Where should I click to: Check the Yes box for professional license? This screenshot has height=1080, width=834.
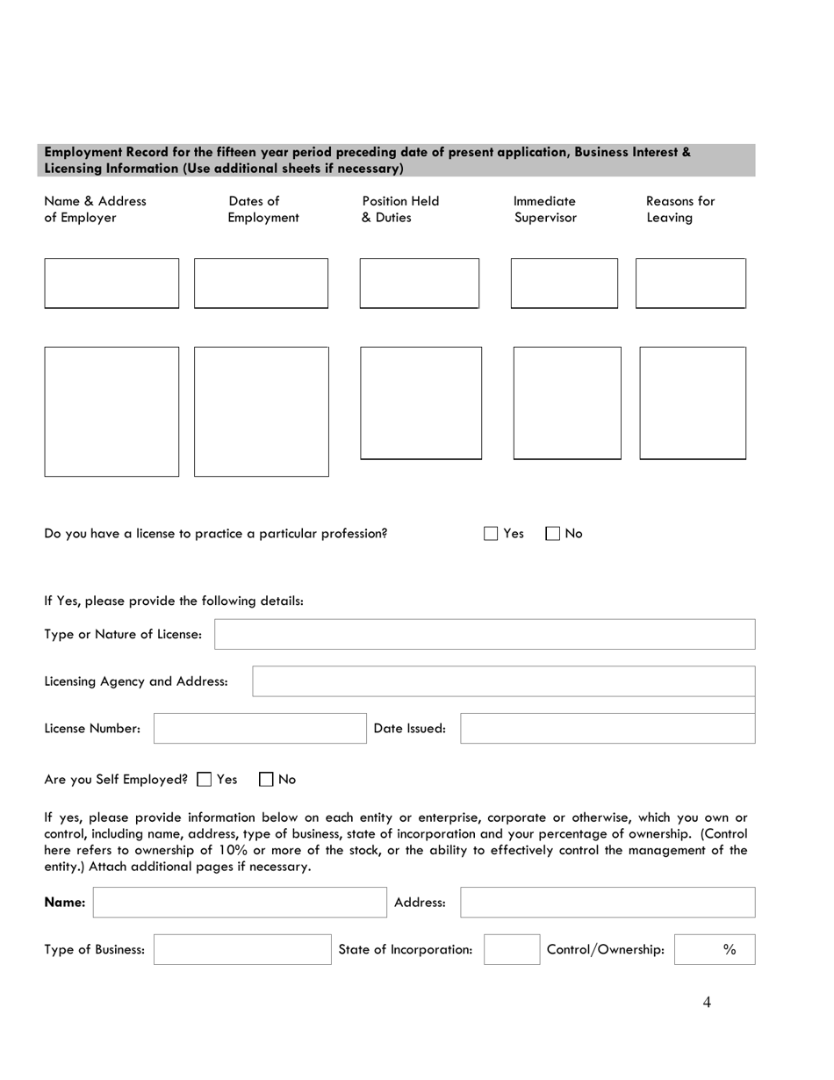tap(491, 534)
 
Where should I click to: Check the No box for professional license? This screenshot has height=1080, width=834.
tap(553, 534)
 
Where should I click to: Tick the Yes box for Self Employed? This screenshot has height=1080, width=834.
tap(205, 779)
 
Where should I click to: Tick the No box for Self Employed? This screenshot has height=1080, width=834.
tap(267, 779)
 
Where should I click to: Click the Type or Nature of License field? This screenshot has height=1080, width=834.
tap(485, 634)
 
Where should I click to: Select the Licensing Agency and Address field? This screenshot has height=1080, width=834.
tap(503, 681)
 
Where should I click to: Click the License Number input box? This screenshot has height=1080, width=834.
tap(260, 729)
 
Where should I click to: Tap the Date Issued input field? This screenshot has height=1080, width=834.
tap(608, 729)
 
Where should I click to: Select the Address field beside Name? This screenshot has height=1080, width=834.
tap(608, 903)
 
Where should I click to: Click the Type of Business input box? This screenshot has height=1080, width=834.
tap(242, 949)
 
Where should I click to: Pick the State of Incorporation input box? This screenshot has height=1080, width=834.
tap(512, 949)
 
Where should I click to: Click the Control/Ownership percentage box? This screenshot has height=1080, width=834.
tap(714, 949)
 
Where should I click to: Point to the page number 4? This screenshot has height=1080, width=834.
tap(707, 1004)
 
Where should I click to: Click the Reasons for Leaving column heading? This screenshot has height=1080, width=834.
tap(679, 210)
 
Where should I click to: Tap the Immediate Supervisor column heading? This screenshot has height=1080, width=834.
tap(545, 210)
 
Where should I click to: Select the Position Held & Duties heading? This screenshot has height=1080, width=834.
tap(400, 210)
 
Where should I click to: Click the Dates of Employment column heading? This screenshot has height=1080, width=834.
tap(263, 210)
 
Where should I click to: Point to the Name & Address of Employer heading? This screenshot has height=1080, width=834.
tap(95, 210)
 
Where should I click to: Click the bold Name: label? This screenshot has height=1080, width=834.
tap(65, 903)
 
